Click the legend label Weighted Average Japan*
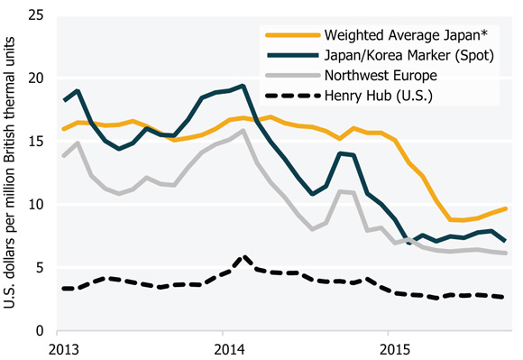(x=402, y=35)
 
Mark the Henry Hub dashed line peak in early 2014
(x=243, y=256)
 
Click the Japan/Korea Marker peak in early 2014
(x=243, y=86)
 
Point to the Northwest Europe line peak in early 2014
(x=243, y=131)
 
